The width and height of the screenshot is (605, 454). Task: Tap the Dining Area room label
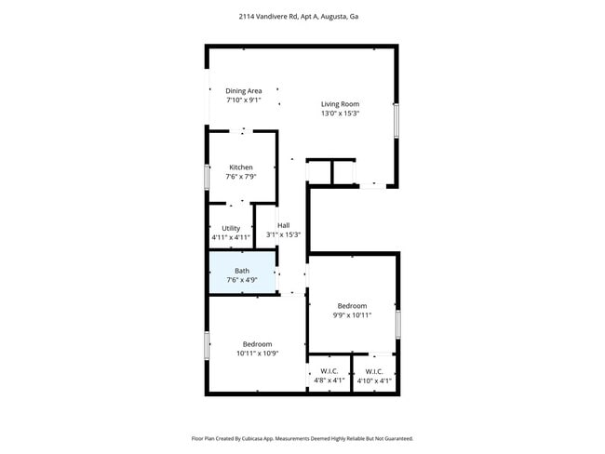click(x=243, y=90)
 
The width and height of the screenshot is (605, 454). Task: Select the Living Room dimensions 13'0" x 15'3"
click(x=340, y=113)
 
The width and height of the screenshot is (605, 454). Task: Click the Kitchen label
click(x=241, y=167)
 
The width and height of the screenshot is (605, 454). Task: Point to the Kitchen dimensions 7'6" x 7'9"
click(x=240, y=177)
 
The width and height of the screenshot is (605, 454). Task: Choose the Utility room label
click(x=231, y=228)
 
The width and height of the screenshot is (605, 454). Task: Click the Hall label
click(x=283, y=225)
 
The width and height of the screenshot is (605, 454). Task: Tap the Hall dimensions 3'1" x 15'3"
click(x=283, y=235)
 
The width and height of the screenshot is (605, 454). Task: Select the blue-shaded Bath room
click(x=241, y=274)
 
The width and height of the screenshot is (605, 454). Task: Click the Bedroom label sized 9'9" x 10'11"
click(x=352, y=306)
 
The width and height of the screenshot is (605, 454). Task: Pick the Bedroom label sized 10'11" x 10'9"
click(x=257, y=344)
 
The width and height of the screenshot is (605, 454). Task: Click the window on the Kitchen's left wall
click(x=207, y=177)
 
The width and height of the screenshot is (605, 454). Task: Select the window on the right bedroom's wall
click(x=397, y=323)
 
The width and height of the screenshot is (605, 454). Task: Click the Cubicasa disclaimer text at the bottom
click(x=302, y=438)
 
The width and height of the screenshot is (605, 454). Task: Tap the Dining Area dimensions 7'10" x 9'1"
click(x=243, y=100)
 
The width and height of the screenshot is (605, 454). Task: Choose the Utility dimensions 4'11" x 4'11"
click(x=230, y=237)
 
